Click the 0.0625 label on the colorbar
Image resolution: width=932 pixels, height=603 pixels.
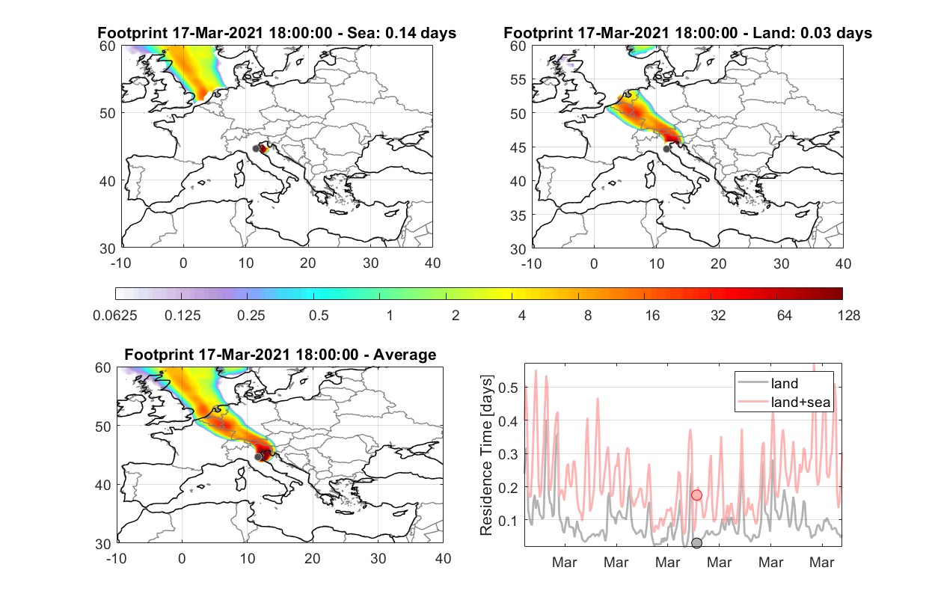(x=115, y=316)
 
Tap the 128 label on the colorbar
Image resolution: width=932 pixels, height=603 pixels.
(x=849, y=316)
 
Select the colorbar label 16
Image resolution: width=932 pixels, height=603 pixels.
(x=652, y=316)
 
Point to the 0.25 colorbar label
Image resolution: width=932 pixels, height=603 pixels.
(x=251, y=316)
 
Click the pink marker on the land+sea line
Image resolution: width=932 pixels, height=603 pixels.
(x=697, y=495)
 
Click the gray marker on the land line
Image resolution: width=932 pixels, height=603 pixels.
(x=696, y=543)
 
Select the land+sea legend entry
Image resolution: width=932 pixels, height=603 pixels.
(x=784, y=402)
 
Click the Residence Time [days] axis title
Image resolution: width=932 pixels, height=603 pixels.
(x=486, y=456)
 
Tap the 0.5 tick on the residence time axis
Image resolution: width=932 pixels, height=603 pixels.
(x=508, y=388)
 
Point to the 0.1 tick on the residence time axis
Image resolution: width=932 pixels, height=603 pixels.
(x=508, y=521)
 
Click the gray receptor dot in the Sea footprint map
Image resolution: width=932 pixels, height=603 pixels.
(x=257, y=149)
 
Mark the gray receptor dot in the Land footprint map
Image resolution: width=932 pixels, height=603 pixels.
(x=666, y=149)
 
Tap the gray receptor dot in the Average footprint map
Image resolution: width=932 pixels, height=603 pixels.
(x=258, y=457)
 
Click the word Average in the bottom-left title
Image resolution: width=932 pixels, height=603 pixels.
(x=405, y=355)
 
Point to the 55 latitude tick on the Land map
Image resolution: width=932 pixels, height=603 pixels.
(x=518, y=79)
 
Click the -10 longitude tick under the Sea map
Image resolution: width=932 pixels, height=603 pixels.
(x=120, y=263)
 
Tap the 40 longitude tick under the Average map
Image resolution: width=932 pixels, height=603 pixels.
(x=443, y=558)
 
